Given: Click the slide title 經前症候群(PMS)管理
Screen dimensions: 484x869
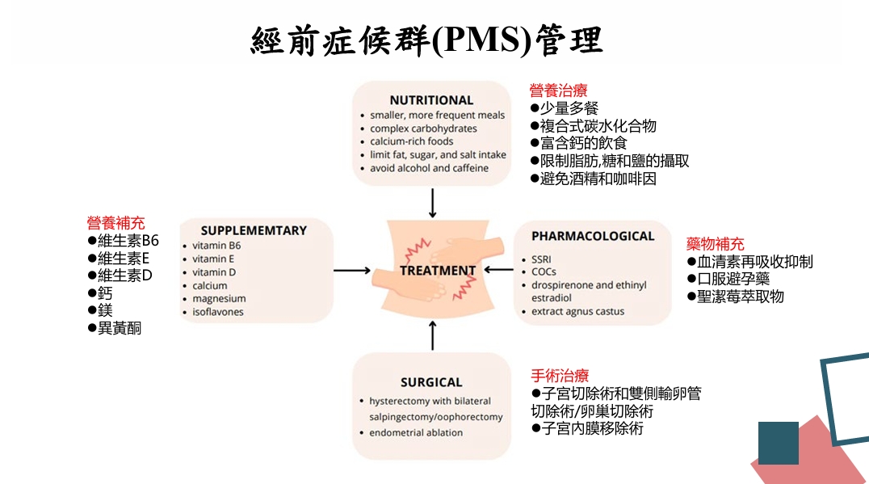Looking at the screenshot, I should coord(427,38).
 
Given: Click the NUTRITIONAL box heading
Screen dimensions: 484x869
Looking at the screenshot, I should coord(431,100).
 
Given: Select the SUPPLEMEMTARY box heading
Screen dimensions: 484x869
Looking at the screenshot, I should coord(254,230).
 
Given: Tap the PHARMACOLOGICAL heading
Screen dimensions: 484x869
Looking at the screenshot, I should coord(593,236).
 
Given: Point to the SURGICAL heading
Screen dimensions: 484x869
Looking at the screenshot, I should coord(431,382).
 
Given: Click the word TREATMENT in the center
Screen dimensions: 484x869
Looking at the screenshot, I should coord(438,271).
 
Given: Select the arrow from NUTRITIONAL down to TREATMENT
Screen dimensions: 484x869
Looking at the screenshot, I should coord(433,203).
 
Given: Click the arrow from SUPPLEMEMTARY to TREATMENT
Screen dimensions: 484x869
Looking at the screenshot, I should coord(352,271).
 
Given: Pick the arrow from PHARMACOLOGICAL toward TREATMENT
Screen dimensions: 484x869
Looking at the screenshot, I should coord(497,271).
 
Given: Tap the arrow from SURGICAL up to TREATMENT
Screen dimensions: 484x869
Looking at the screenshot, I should coord(433,335).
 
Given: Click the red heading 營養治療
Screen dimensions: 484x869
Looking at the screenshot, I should coord(558,90).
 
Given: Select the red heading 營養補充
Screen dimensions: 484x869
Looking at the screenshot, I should coord(116,223).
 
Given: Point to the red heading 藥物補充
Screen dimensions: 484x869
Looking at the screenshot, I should coord(716,243).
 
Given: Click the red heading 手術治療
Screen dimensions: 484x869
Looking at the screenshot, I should coord(560,376).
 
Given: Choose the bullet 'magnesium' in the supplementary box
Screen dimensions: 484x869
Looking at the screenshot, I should coord(219,299).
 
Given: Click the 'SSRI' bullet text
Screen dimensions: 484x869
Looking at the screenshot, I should coord(542,259).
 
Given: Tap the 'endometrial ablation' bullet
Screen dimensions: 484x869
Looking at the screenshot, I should coord(416,433).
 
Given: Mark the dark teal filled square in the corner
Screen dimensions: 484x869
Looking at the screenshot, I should coord(778,443).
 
